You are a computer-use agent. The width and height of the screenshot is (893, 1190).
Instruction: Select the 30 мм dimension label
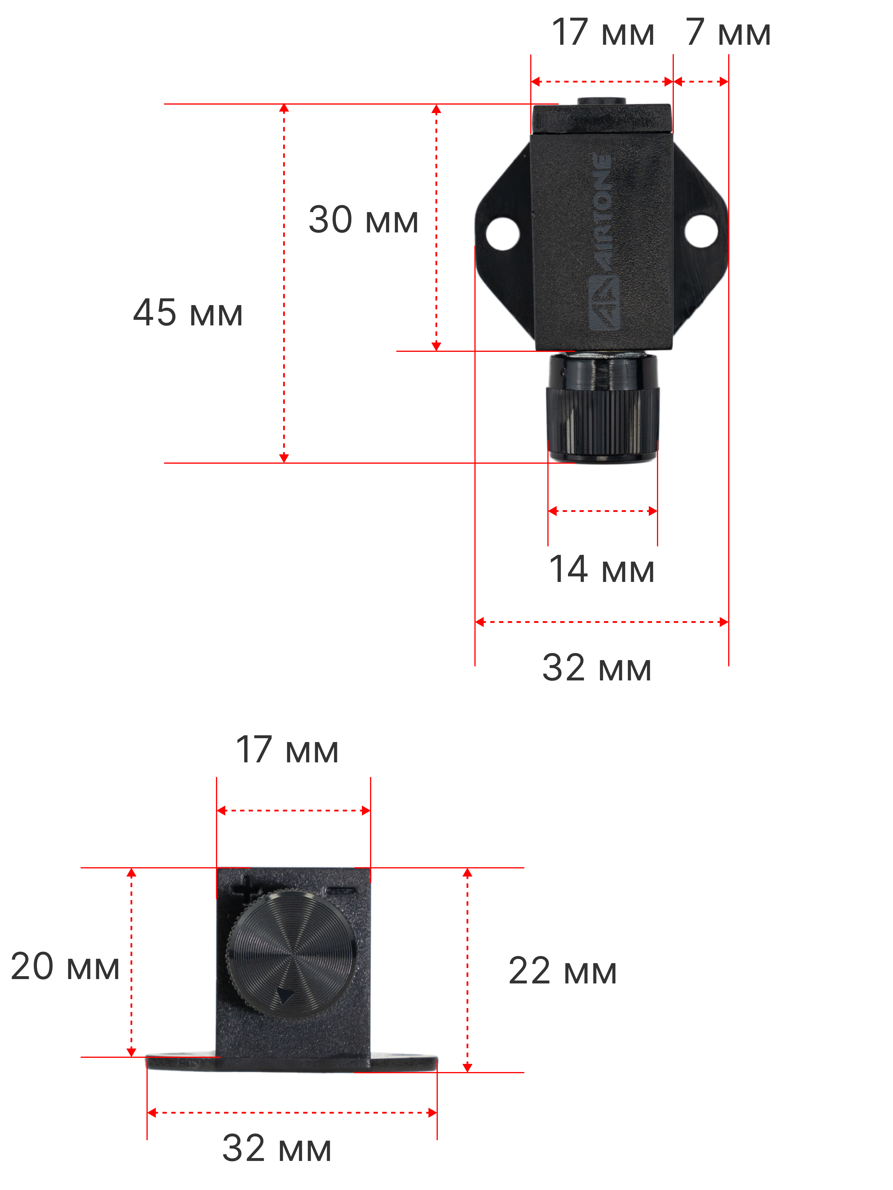(363, 220)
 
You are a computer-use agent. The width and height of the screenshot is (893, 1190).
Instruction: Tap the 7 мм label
(728, 32)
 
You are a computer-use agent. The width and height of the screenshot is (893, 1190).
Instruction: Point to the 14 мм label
(602, 569)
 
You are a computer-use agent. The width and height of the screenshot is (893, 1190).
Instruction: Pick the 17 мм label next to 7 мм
(603, 32)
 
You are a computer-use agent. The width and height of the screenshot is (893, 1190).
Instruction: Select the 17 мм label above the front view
(287, 749)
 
